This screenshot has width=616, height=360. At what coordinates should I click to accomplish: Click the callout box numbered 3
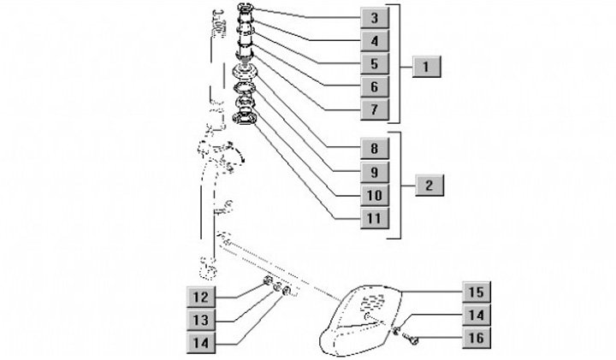[375, 18]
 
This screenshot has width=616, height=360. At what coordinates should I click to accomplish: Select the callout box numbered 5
[375, 63]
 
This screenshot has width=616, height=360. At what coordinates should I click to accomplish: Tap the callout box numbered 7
[375, 109]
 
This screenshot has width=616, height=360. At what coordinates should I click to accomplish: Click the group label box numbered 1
[426, 67]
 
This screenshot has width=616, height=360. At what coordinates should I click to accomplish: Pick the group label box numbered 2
[429, 186]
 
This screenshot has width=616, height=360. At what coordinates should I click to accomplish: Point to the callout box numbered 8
[375, 149]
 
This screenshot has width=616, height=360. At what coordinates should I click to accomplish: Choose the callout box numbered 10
[375, 195]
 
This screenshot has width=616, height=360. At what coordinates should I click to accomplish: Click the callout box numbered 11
[375, 218]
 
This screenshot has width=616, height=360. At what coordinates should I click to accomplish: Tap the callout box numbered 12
[201, 297]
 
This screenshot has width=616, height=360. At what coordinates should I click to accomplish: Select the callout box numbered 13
[201, 320]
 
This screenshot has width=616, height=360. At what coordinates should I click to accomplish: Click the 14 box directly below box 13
[201, 343]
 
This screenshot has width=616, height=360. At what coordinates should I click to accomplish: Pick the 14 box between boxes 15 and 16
[477, 315]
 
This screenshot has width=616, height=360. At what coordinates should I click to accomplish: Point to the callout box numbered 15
[477, 292]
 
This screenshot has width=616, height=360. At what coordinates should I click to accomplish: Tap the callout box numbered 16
[477, 338]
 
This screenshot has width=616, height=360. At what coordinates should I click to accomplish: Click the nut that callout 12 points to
[267, 280]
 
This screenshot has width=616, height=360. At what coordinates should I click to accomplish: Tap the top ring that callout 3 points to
[246, 7]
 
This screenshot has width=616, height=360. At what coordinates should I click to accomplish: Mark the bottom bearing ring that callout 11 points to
[245, 118]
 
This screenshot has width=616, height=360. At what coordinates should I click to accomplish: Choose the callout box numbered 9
[375, 172]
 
